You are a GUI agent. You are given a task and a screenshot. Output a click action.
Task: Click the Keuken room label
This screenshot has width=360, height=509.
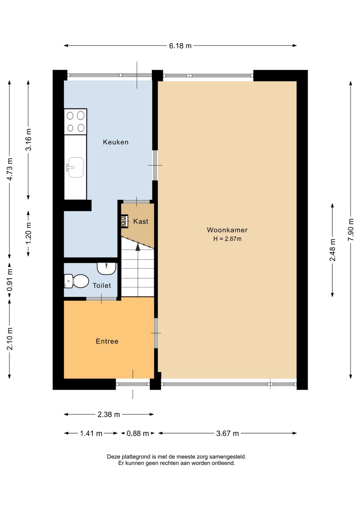(x=116, y=142)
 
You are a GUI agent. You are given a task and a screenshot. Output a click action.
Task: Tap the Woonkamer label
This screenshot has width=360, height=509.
(x=227, y=230)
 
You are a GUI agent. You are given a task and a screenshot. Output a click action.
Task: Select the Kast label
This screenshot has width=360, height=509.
(x=141, y=221)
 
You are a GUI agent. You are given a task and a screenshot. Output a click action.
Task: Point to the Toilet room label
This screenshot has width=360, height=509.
(x=102, y=286)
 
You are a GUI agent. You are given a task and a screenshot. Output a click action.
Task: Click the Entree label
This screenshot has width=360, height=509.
(x=107, y=341)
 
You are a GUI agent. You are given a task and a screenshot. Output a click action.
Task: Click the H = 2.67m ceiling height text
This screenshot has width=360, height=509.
(x=227, y=239)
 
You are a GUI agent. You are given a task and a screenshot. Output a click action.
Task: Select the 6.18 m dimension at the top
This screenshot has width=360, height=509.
(x=180, y=46)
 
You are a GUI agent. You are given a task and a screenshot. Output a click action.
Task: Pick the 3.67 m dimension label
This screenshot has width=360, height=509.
(x=227, y=434)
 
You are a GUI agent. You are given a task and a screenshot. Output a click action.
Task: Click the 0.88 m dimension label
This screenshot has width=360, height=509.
(x=138, y=434)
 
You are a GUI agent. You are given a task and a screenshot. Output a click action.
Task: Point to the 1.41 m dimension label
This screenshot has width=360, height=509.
(x=91, y=434)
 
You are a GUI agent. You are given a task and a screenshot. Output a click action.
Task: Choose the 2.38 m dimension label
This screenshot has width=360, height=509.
(x=109, y=415)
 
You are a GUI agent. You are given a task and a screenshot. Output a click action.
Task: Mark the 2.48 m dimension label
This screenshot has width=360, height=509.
(x=333, y=250)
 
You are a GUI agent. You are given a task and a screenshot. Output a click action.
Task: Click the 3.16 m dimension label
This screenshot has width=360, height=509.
(x=28, y=140)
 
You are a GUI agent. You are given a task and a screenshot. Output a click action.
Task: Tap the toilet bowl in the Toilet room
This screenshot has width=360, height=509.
(x=76, y=281)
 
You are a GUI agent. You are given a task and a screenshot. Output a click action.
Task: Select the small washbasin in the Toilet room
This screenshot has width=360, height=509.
(x=107, y=269)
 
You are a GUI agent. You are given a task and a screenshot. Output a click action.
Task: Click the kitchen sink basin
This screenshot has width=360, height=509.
(x=76, y=167)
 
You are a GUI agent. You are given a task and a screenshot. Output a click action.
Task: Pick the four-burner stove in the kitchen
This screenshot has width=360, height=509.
(x=75, y=122)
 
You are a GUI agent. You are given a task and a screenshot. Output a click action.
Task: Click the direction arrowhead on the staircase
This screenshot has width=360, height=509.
(x=138, y=247)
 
